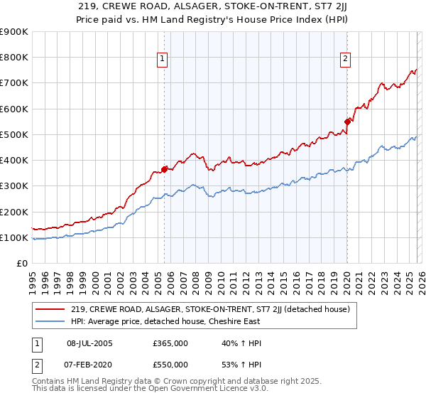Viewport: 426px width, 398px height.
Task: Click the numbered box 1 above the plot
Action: coord(163,59)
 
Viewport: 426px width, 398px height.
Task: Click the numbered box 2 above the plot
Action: coord(346,59)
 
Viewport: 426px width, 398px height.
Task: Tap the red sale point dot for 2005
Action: coord(164,169)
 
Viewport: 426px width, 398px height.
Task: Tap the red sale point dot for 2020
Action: coord(347,122)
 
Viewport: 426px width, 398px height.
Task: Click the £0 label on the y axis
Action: coord(21,263)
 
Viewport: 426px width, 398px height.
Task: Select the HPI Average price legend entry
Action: coord(165,321)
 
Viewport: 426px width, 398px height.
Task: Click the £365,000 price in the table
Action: coord(170,343)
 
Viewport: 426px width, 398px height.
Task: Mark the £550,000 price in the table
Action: coord(170,365)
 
